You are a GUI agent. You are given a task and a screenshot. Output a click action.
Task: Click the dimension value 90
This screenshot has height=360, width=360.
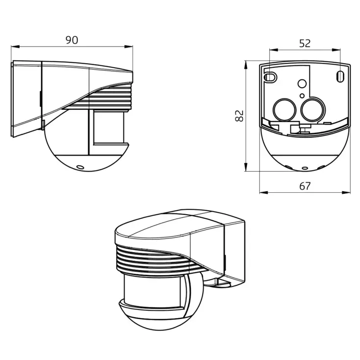(x=72, y=40)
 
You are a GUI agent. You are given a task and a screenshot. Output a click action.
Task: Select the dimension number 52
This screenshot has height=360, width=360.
(x=305, y=43)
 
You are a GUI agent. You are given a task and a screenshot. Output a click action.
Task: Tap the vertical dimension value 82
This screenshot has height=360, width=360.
(x=239, y=116)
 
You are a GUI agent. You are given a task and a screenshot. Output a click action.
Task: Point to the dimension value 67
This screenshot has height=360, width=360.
(x=305, y=186)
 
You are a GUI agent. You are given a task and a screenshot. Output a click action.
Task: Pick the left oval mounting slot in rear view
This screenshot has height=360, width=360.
(x=269, y=77)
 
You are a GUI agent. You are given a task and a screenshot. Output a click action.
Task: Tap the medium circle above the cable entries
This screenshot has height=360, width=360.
(x=303, y=84)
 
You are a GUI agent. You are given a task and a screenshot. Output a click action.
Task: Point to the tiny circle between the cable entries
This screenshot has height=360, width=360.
(x=302, y=95)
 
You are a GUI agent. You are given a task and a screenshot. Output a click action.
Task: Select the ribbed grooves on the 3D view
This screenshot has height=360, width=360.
(x=152, y=260)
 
